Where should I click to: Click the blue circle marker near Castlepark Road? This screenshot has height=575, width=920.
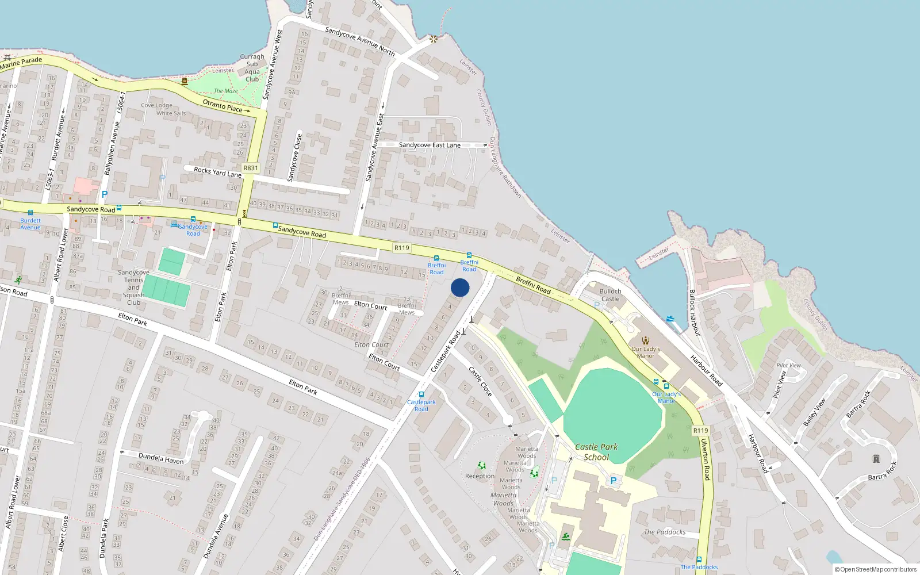460,287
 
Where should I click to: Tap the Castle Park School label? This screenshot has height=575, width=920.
596,452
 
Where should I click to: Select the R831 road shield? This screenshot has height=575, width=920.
251,168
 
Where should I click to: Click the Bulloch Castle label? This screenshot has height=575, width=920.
610,295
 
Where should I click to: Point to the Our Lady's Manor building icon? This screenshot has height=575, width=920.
645,340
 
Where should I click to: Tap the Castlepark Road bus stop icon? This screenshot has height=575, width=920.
421,395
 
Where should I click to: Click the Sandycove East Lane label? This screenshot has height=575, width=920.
430,145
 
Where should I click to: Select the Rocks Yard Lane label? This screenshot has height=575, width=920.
217,172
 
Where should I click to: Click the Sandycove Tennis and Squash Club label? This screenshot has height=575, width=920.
133,287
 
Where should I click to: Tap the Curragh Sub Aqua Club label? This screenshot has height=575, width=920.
252,68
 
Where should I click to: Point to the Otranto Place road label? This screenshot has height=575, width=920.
223,106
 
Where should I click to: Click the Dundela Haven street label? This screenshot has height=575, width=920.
161,458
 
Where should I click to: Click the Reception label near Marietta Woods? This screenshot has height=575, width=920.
480,476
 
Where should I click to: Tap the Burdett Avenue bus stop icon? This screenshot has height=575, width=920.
30,213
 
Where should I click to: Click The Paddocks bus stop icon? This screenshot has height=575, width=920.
699,559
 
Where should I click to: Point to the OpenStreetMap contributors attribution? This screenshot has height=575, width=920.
875,569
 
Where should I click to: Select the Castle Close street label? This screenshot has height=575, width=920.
481,382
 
